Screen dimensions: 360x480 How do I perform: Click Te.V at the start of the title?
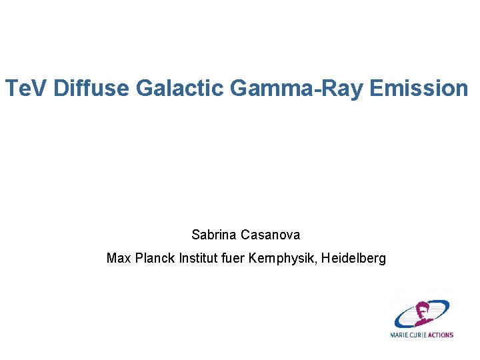(x=26, y=87)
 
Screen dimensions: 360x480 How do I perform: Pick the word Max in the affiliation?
(x=119, y=257)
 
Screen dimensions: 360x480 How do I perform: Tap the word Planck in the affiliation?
(x=155, y=257)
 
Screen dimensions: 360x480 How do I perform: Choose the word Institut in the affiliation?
(x=199, y=257)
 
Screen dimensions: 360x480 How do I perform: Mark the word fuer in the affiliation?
(x=235, y=257)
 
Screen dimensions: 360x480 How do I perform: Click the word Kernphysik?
(x=283, y=257)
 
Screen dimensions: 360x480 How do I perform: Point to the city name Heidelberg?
(x=353, y=257)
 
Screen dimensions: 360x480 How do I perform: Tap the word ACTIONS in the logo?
(x=439, y=335)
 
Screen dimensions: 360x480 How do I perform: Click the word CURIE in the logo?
(x=417, y=335)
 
